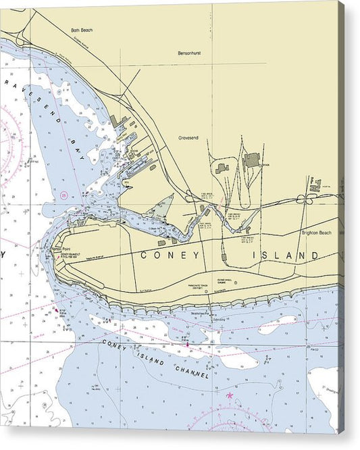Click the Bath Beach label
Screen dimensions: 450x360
pos(80,30)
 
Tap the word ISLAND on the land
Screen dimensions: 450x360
pos(286,255)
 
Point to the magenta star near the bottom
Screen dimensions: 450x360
pos(229,395)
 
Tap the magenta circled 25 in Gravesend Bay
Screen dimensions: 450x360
pos(64,195)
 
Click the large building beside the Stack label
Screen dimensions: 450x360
pos(252,160)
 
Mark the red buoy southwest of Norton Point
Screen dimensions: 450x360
pos(55,309)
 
